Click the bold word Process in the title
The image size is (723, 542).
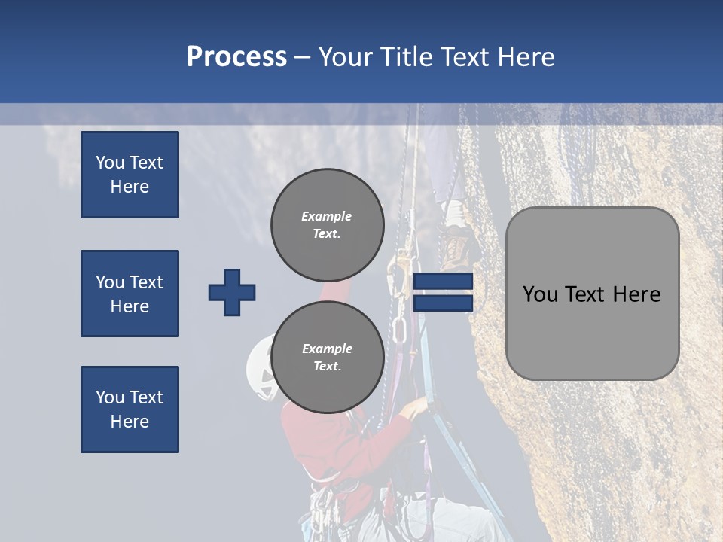coord(236,57)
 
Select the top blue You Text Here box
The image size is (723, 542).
coord(130,175)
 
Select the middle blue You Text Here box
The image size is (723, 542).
coord(130,294)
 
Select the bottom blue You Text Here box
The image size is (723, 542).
coord(130,410)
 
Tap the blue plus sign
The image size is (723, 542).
coord(232,292)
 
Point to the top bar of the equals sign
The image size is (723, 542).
coord(443,282)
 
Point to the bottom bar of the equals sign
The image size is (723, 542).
coord(443,303)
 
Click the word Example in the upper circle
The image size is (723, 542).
coord(327,216)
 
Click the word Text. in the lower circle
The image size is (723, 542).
coord(327,367)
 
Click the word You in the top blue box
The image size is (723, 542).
coord(109,163)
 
